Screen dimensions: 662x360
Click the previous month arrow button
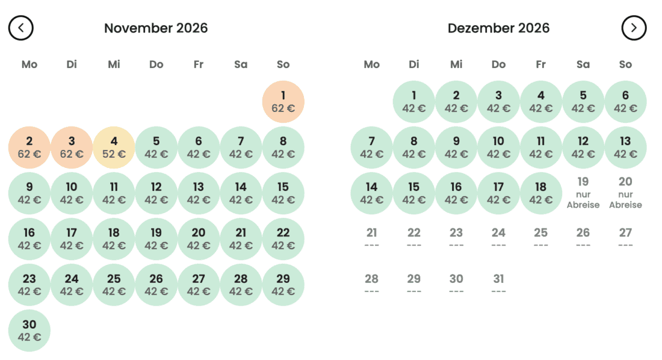[x=20, y=28]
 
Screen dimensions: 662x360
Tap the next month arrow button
[x=634, y=28]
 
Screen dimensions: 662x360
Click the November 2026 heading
[x=156, y=28]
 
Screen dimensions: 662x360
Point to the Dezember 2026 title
[x=499, y=28]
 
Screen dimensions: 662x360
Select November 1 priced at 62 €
[x=283, y=102]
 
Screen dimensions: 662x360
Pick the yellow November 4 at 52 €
[x=114, y=147]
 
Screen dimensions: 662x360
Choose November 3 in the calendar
[x=72, y=147]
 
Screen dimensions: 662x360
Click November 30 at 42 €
[x=29, y=331]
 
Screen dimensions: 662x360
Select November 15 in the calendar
[x=283, y=193]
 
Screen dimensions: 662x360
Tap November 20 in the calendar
[x=199, y=239]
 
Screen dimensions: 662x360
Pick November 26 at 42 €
[x=156, y=285]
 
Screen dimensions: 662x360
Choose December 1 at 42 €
[x=414, y=102]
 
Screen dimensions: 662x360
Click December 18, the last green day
[x=541, y=193]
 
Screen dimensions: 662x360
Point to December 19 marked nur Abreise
[x=583, y=193]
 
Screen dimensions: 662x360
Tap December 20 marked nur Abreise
[x=625, y=193]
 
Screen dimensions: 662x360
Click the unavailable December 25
[x=541, y=237]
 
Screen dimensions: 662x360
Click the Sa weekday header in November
[x=241, y=64]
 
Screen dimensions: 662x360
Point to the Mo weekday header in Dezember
[x=371, y=64]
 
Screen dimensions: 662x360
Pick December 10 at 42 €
[x=499, y=147]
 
